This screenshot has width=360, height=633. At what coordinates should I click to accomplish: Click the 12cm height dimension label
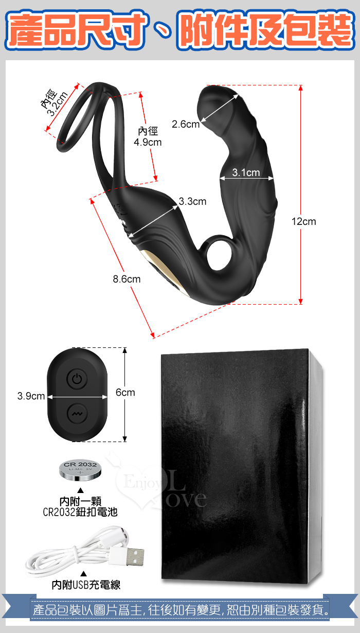[x=303, y=221]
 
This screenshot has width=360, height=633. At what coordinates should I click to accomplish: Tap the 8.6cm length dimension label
[x=127, y=279]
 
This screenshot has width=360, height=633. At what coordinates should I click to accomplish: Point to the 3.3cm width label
[x=192, y=202]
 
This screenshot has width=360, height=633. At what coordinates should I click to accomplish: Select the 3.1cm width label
[x=246, y=172]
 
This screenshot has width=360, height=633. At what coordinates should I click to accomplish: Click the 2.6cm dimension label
[x=186, y=124]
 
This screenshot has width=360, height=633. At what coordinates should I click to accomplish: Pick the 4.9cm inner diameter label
[x=148, y=137]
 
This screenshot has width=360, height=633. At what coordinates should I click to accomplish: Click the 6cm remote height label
[x=125, y=393]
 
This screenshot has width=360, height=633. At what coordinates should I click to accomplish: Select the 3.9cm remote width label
[x=31, y=396]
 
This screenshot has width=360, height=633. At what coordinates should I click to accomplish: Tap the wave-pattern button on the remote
[x=77, y=414]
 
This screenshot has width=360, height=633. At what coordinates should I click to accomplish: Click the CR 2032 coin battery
[x=80, y=470]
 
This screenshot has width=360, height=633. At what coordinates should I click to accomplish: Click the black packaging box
[x=241, y=466]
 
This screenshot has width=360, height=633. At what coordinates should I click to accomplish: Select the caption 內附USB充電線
[x=86, y=585]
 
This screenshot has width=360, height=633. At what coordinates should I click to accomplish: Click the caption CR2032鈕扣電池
[x=80, y=512]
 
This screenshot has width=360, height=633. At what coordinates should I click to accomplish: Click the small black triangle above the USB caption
[x=84, y=573]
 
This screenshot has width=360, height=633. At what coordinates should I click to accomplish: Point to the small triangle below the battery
[x=80, y=490]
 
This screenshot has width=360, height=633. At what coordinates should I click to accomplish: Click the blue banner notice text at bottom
[x=181, y=610]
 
